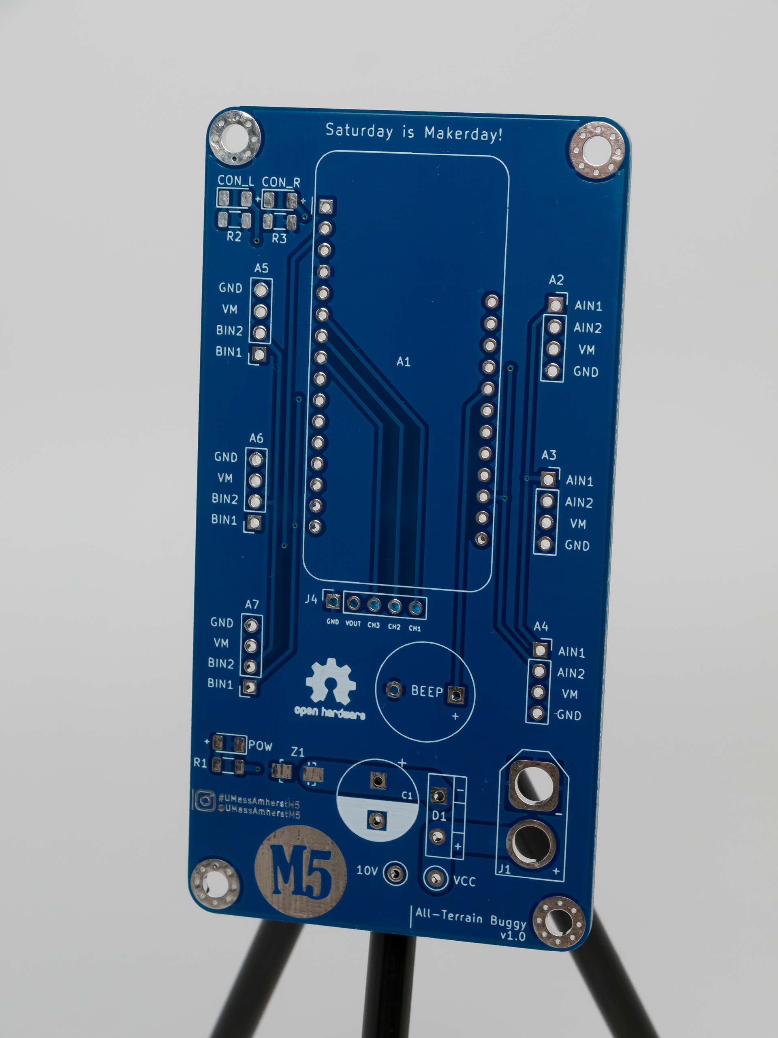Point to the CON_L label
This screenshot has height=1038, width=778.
pyautogui.click(x=236, y=181)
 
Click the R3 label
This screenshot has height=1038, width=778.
pyautogui.click(x=279, y=238)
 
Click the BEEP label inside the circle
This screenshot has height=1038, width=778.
pyautogui.click(x=427, y=691)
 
